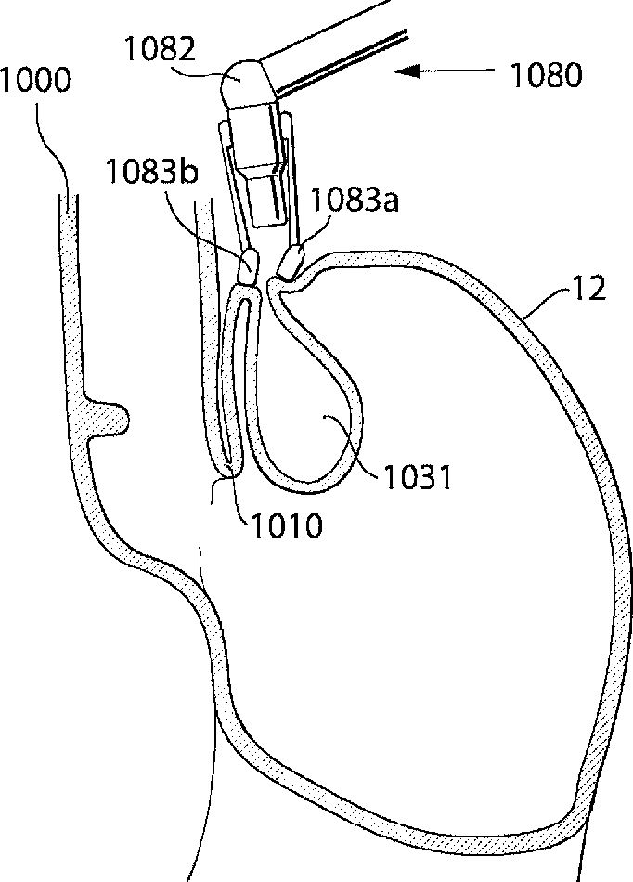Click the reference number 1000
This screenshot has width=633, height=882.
pyautogui.click(x=35, y=81)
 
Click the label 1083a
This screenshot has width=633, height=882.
pyautogui.click(x=355, y=200)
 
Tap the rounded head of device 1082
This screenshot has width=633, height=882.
pyautogui.click(x=246, y=84)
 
